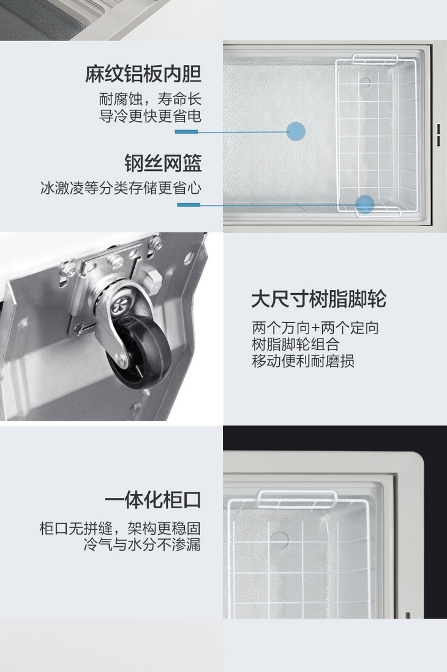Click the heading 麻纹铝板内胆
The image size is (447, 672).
click(143, 74)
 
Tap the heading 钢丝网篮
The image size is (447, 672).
click(163, 163)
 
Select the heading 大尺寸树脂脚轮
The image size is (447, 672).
click(319, 299)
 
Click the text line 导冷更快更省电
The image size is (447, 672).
click(150, 116)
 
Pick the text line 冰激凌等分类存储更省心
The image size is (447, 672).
click(121, 188)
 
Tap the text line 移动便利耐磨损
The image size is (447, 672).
click(303, 361)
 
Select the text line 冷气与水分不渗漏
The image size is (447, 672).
click(142, 544)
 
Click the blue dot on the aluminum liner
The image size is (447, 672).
click(296, 131)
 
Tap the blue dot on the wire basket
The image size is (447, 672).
click(365, 204)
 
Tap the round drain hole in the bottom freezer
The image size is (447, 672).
click(279, 540)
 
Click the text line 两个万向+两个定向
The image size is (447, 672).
click(315, 328)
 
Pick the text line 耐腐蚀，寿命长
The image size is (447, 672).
click(150, 99)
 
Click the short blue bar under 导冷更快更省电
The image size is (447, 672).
click(187, 132)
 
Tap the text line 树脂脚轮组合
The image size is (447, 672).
click(296, 345)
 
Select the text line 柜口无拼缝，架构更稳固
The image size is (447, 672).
click(120, 528)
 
